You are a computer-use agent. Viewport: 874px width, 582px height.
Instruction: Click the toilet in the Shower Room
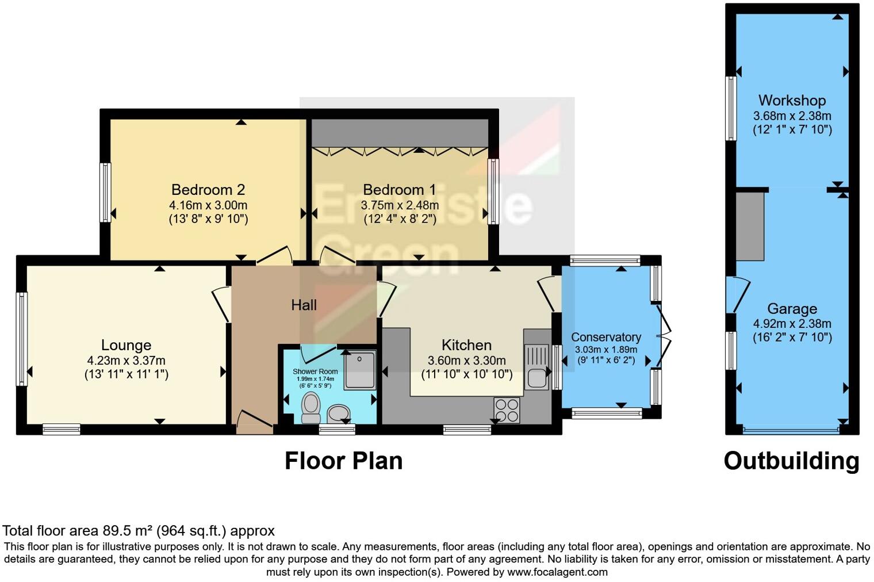(x=311, y=408)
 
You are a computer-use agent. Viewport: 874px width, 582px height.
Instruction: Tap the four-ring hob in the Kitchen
(x=507, y=410)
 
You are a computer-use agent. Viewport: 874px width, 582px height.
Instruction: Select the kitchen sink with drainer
(x=536, y=367)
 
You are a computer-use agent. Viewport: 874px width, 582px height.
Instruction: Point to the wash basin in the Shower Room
(x=338, y=413)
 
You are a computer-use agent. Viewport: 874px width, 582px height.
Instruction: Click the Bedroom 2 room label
(x=208, y=190)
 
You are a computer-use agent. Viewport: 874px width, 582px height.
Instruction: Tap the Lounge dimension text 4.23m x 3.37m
(x=126, y=360)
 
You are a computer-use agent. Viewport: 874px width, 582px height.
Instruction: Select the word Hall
(x=304, y=305)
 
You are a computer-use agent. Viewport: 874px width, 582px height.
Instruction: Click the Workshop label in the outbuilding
(x=792, y=101)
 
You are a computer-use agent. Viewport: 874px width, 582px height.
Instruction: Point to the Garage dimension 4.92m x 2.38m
(x=792, y=324)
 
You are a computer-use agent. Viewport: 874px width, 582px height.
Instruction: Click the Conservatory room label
(x=606, y=337)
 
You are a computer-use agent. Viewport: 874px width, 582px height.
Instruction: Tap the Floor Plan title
(x=343, y=461)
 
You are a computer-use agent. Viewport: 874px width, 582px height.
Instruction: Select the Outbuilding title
(x=791, y=461)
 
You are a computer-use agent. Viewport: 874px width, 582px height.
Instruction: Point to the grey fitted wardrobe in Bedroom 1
(x=400, y=133)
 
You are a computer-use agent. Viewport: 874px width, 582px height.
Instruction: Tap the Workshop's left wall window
(x=731, y=108)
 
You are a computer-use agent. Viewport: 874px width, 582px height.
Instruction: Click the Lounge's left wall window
(x=22, y=339)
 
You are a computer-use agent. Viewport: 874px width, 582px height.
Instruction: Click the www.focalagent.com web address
(x=557, y=572)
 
